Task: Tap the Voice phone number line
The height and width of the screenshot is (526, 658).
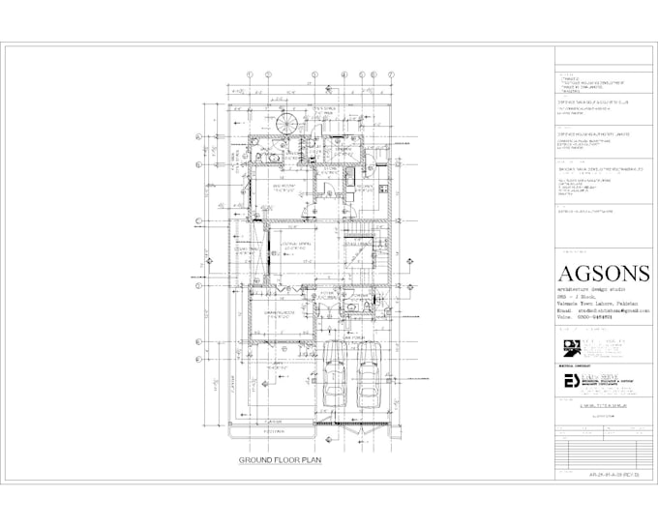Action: (584, 319)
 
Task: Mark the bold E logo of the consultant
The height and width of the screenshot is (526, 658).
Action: (570, 382)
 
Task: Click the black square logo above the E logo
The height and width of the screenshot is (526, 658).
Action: (569, 346)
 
